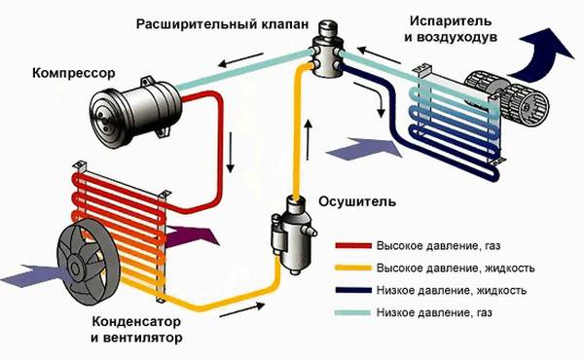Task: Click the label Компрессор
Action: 73,73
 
